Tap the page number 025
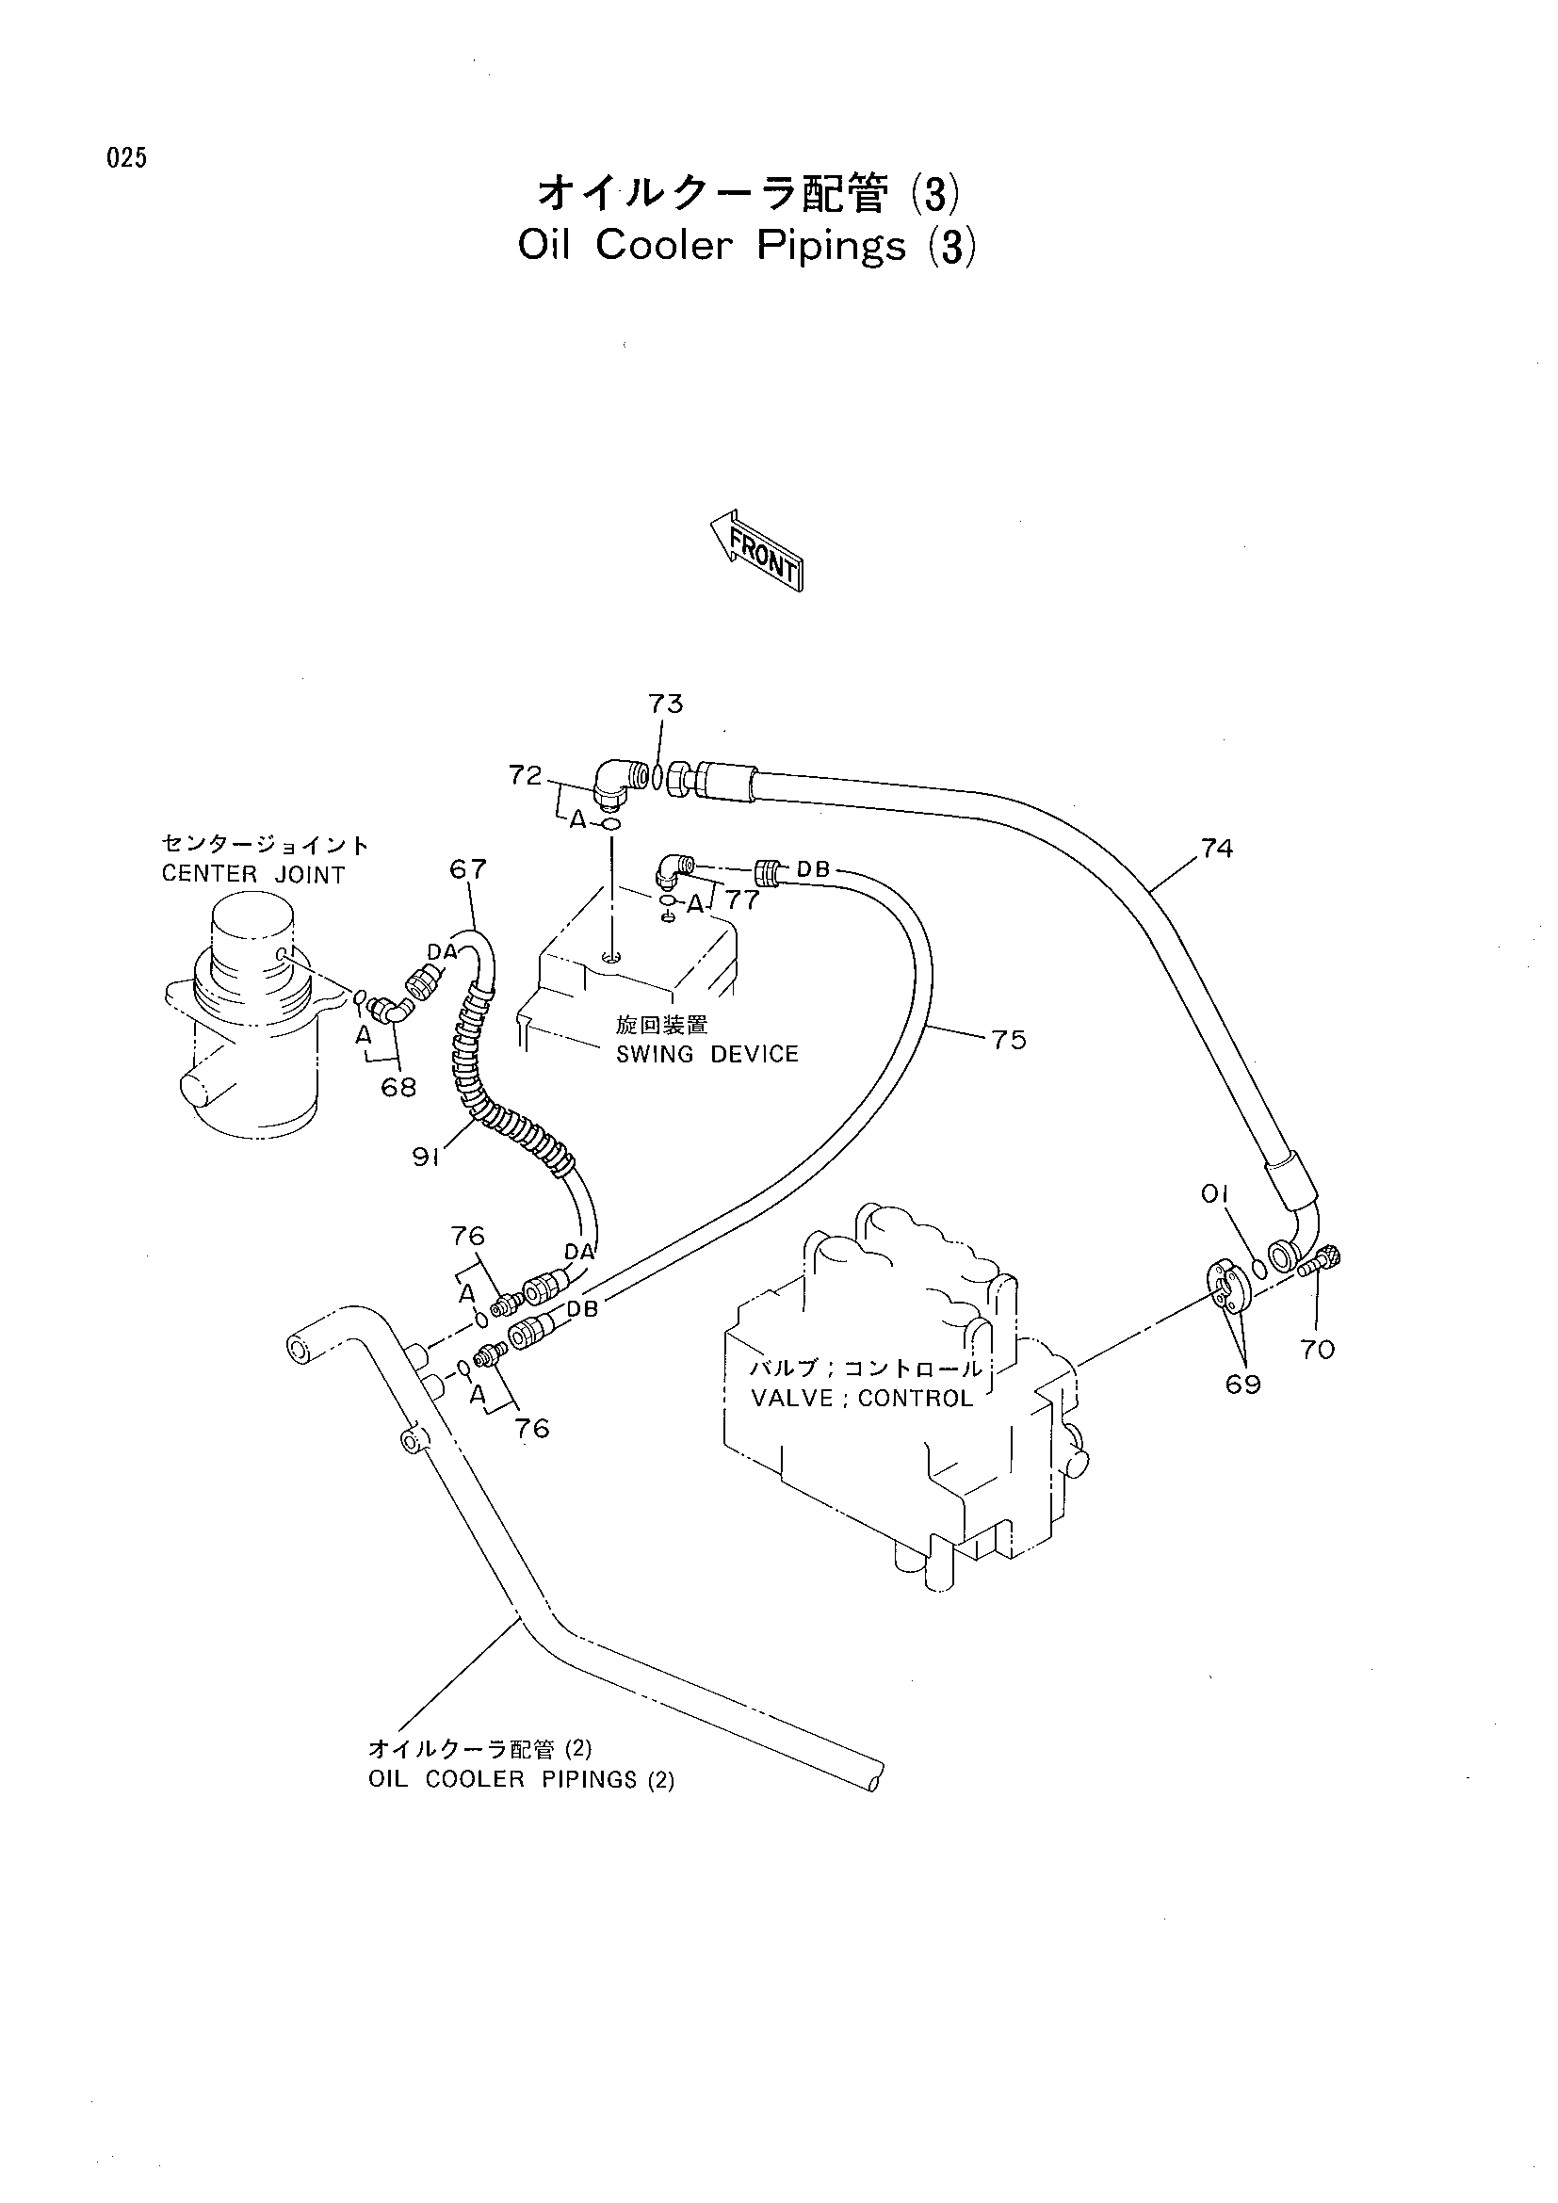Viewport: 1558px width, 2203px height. [x=126, y=158]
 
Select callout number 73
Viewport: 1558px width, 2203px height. [x=665, y=704]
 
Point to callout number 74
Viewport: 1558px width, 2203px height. [x=1215, y=849]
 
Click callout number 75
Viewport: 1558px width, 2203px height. [x=1009, y=1039]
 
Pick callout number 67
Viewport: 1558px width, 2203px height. [x=468, y=869]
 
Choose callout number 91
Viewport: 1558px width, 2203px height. [x=426, y=1158]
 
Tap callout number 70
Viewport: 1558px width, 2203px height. [x=1318, y=1349]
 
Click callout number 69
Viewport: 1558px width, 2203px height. [x=1243, y=1385]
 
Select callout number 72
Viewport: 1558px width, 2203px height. [x=526, y=775]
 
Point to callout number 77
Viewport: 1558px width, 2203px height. [x=742, y=899]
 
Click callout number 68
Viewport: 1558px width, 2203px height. [x=398, y=1087]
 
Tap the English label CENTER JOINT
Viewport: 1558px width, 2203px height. [x=253, y=874]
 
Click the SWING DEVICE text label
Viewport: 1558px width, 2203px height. [x=707, y=1054]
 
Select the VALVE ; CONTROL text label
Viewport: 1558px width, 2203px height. [x=862, y=1397]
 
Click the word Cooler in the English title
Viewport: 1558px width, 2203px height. [x=663, y=245]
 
